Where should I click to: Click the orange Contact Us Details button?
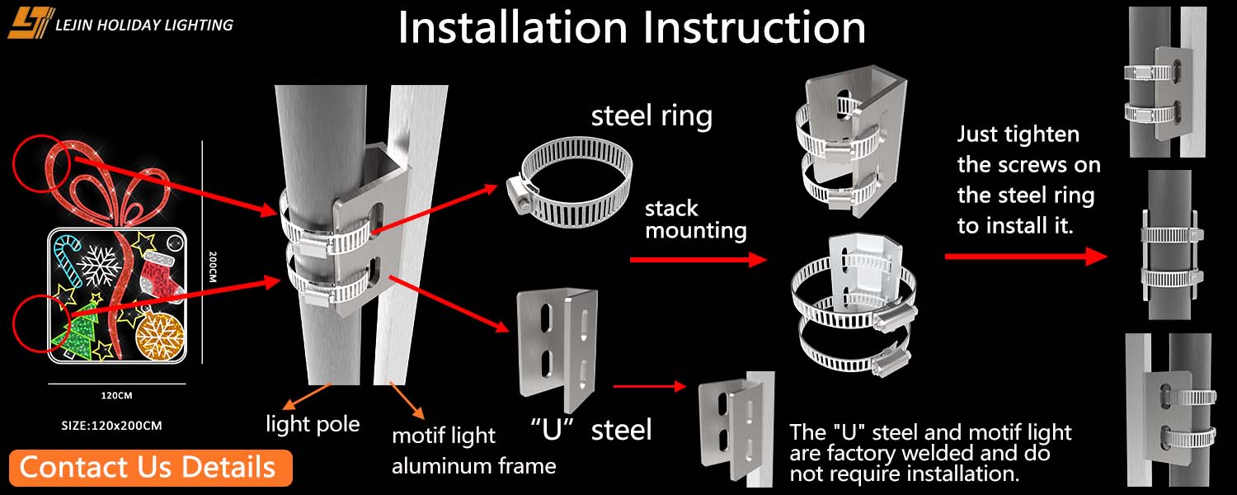[151, 467]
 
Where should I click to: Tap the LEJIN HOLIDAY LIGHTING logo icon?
[31, 23]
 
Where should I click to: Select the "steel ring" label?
[651, 116]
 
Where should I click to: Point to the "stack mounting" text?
[695, 219]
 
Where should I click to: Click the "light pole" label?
[313, 424]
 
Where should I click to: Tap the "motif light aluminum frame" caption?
[473, 450]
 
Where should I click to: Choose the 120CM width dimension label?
[116, 395]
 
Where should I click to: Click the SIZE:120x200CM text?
[111, 426]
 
